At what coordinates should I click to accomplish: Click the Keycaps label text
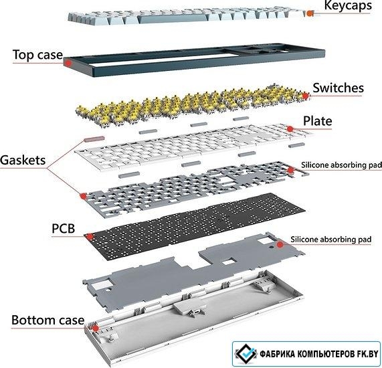[x=348, y=5]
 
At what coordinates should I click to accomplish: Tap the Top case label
[x=37, y=55]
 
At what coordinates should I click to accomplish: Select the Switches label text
[x=338, y=88]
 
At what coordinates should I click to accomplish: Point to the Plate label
[x=317, y=121]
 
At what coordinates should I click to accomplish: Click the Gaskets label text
[x=23, y=160]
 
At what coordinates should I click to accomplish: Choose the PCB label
[x=64, y=229]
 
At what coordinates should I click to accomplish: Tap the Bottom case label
[x=47, y=320]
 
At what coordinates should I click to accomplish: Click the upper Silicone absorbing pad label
[x=341, y=165]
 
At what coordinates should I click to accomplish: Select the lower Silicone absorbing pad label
[x=331, y=240]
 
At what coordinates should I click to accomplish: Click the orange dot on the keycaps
[x=310, y=13]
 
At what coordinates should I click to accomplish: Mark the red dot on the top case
[x=68, y=63]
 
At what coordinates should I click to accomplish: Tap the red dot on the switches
[x=306, y=96]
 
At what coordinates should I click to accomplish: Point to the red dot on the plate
[x=290, y=128]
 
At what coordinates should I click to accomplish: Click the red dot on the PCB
[x=90, y=236]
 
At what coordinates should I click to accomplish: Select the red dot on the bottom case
[x=96, y=329]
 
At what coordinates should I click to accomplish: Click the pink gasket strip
[x=94, y=139]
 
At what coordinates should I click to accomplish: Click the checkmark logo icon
[x=246, y=354]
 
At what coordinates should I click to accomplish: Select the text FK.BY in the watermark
[x=368, y=354]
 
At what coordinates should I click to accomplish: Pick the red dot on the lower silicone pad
[x=280, y=244]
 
